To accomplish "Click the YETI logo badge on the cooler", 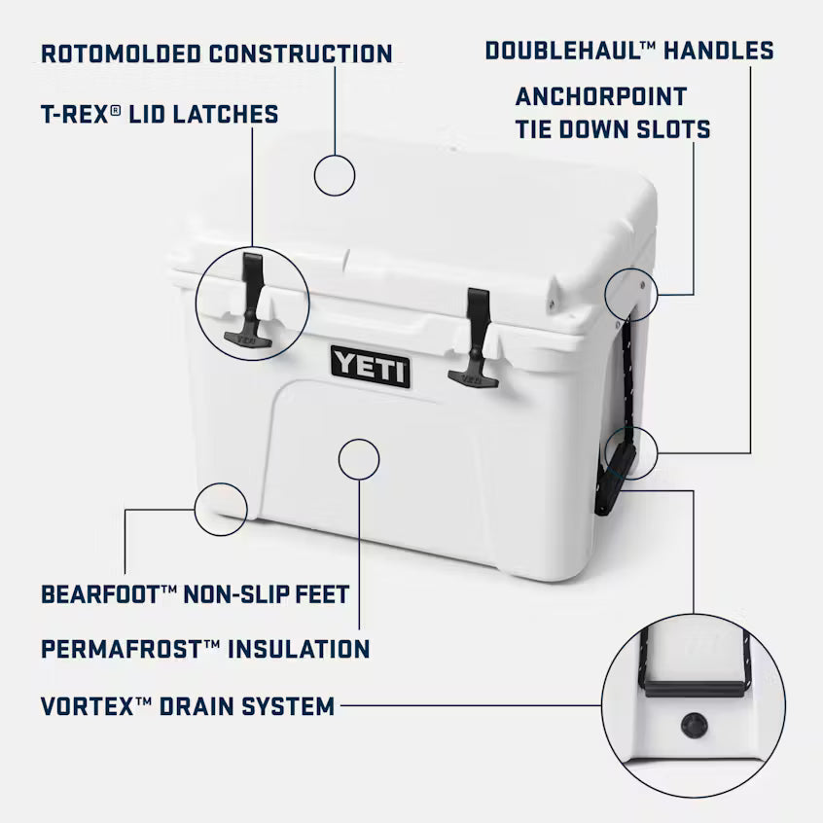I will tap(370, 366).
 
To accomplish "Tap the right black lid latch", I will tap(476, 337).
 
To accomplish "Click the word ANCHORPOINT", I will tap(601, 96).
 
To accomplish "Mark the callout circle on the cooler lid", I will tap(335, 175).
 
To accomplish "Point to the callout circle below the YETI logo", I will tap(358, 457).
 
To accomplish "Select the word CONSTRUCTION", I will tap(312, 53).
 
